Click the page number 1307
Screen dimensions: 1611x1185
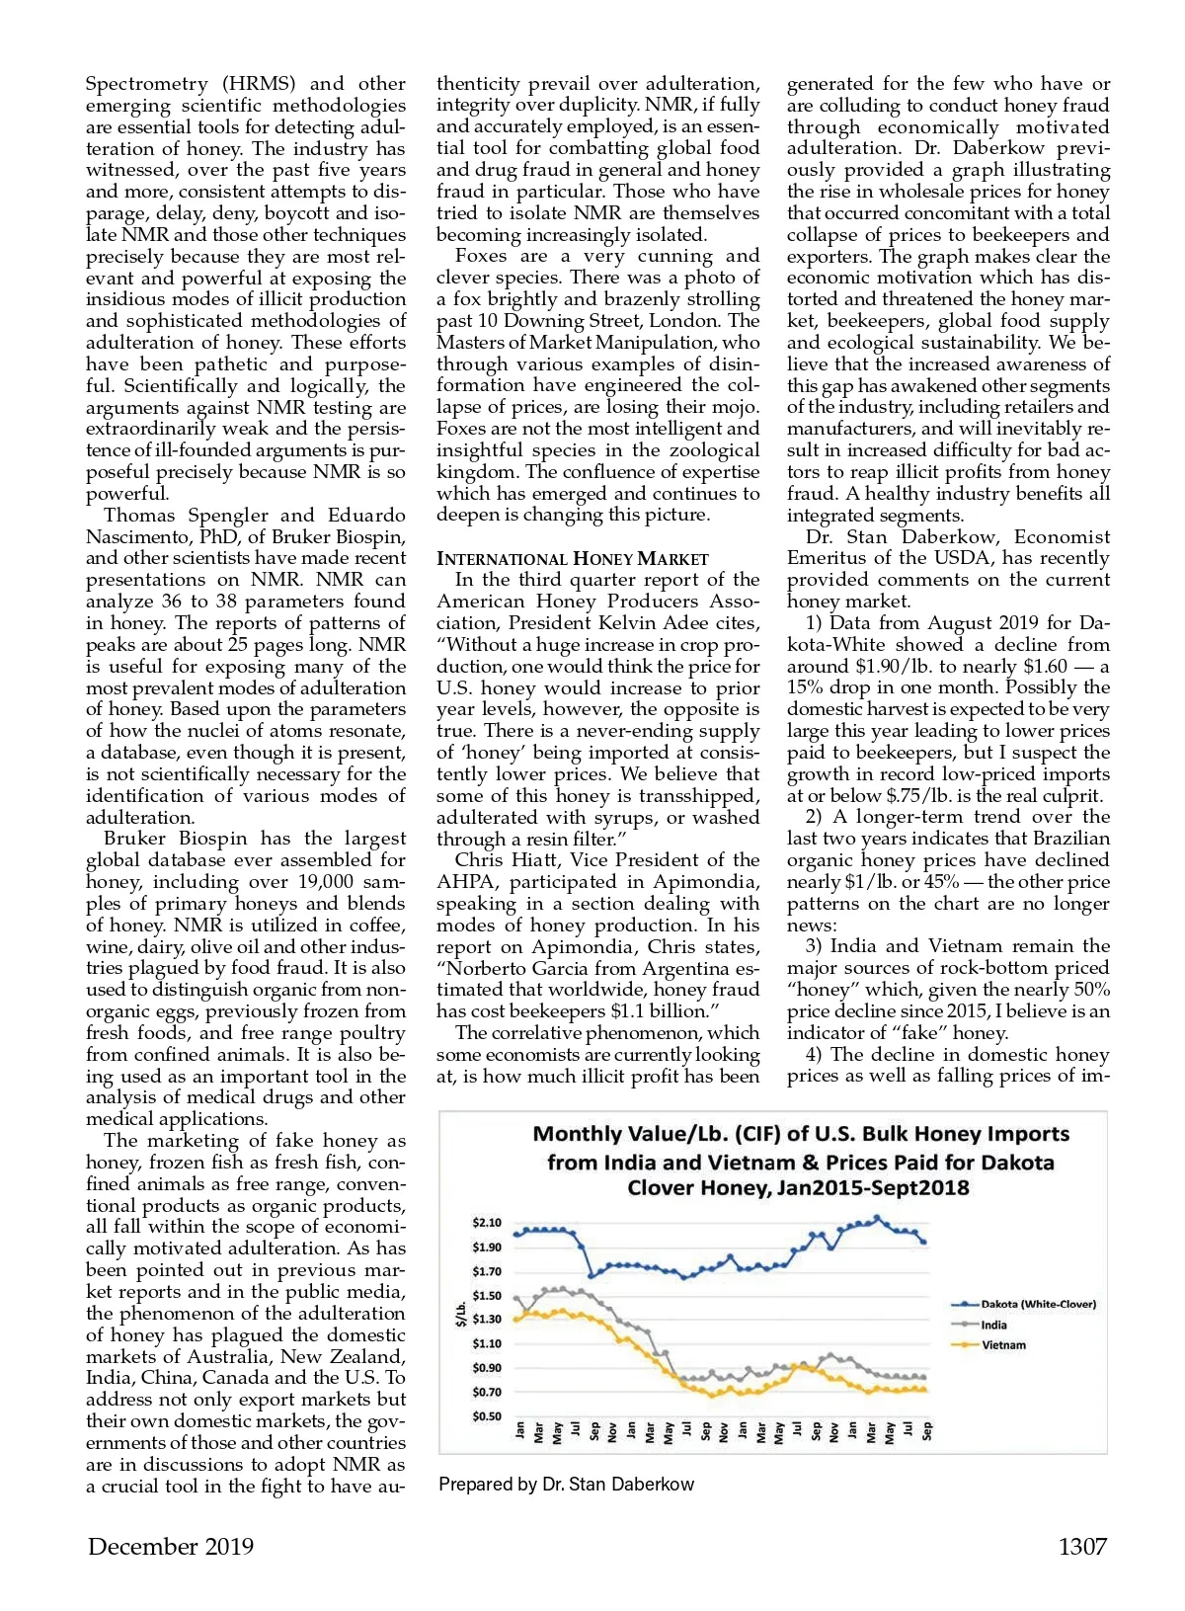pyautogui.click(x=1082, y=1547)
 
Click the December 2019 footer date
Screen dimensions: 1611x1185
pyautogui.click(x=170, y=1547)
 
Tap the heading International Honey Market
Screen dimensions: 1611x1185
pyautogui.click(x=573, y=559)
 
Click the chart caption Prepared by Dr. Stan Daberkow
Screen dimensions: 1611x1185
pyautogui.click(x=566, y=1485)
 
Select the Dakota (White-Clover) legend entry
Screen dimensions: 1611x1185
pyautogui.click(x=1037, y=1304)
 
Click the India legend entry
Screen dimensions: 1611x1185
pyautogui.click(x=993, y=1325)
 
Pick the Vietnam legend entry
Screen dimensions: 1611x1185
pyautogui.click(x=1002, y=1345)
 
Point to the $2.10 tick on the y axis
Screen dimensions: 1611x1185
pyautogui.click(x=486, y=1223)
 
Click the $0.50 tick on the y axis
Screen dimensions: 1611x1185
pyautogui.click(x=486, y=1416)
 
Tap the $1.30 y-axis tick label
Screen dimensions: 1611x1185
pyautogui.click(x=486, y=1320)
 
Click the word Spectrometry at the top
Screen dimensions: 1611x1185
pyautogui.click(x=147, y=84)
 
